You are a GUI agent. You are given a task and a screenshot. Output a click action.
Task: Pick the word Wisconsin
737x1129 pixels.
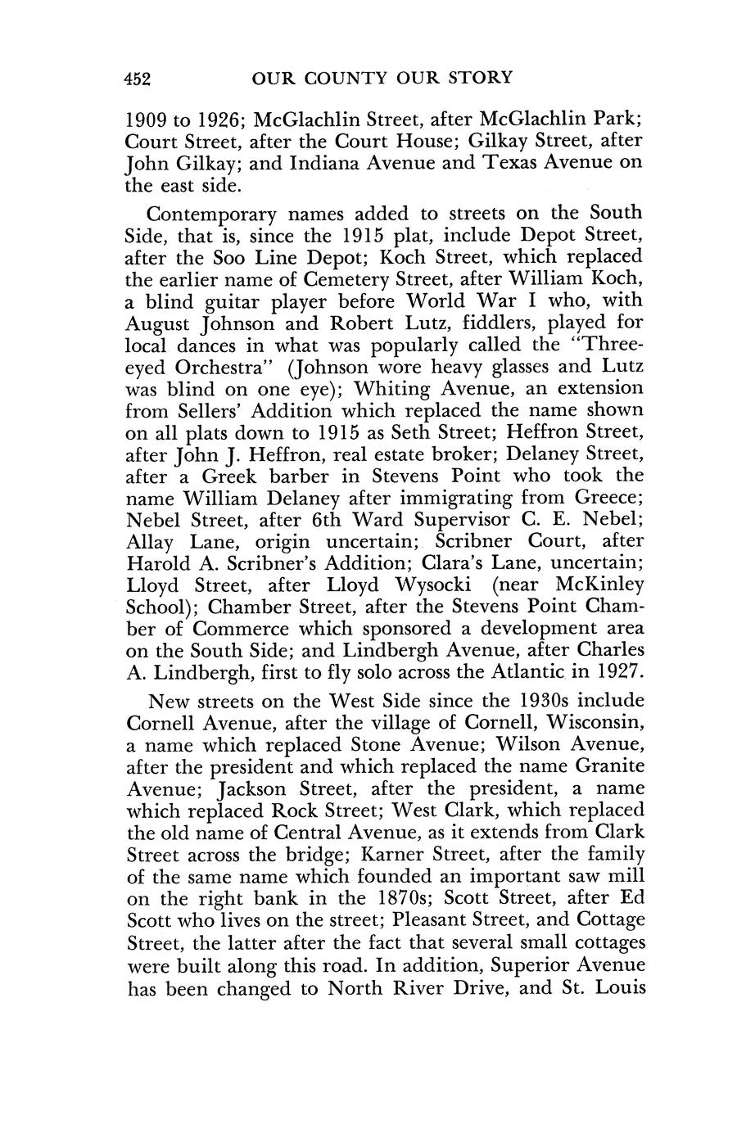582,724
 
